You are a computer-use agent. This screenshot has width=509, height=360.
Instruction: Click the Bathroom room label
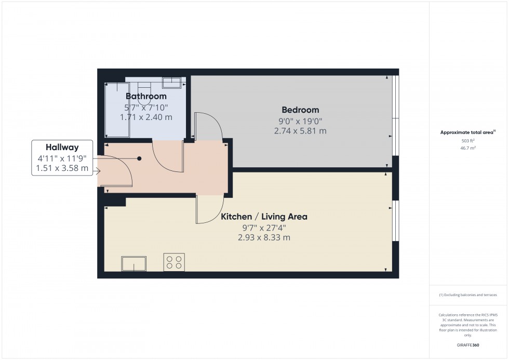coord(146,97)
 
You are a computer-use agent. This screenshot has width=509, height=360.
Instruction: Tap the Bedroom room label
coord(300,110)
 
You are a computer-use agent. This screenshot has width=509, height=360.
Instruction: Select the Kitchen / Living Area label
coord(264,217)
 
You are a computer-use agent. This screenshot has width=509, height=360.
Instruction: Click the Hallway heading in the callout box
coord(62,148)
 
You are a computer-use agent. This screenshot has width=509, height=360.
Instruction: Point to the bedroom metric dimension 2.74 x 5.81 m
coord(300,131)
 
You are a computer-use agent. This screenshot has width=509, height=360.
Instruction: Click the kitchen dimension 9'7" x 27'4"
coord(264,227)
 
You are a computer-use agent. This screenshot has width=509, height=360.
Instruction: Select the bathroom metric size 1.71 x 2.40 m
coord(146,117)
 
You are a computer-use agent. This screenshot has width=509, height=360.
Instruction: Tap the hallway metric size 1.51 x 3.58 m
coord(62,169)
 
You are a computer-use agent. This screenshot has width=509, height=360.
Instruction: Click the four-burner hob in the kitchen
coord(174,262)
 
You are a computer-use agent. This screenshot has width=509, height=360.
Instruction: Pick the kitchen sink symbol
coord(133,264)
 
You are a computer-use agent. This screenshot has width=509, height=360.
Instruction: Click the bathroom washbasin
coord(171,83)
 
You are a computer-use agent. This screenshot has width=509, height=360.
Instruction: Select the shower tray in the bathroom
coord(115,109)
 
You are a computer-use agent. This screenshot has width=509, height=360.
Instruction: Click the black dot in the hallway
coord(139,158)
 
